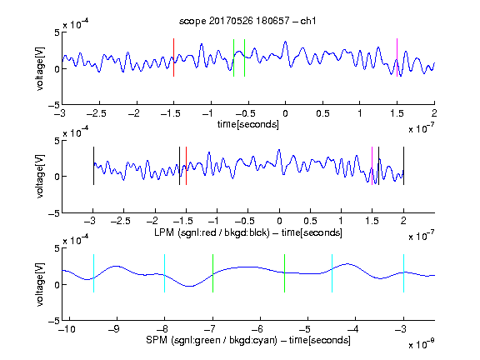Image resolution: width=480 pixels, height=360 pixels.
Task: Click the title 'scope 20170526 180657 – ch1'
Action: coord(247,21)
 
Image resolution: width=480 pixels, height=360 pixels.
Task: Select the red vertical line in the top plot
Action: coord(173,57)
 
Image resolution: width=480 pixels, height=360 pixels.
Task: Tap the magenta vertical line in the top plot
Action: coord(397,57)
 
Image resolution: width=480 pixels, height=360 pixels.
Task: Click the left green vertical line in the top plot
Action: coord(233,57)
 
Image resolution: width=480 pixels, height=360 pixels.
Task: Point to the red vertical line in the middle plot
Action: coord(186,166)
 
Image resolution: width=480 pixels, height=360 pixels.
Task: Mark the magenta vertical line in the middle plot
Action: coord(372,166)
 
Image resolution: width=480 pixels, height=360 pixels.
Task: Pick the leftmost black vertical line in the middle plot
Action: coord(93,166)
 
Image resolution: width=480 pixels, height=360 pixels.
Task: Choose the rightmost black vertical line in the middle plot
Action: coord(403,166)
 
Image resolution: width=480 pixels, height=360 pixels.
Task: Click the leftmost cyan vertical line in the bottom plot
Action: coord(93,273)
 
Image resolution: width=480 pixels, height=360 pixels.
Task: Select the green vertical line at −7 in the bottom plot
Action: coord(212,273)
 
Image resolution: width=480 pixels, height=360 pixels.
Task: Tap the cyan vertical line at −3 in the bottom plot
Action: coord(403,273)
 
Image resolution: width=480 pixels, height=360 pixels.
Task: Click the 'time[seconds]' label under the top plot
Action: coord(248,124)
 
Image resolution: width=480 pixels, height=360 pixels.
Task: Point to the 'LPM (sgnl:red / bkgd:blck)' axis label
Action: coord(212,232)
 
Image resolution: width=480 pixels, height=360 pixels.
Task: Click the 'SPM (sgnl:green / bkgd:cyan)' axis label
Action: coord(212,340)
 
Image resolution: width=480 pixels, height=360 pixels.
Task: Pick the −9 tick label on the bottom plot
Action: coord(114,329)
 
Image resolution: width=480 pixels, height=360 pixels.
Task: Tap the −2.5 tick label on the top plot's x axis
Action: coord(96,113)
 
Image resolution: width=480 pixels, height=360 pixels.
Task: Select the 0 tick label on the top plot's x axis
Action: coord(285,113)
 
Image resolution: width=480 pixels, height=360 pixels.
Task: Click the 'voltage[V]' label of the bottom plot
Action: coord(40,284)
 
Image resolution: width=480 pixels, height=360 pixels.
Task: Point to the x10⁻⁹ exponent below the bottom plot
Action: coord(421,344)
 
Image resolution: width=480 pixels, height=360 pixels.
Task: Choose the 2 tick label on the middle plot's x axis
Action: coord(403,221)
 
